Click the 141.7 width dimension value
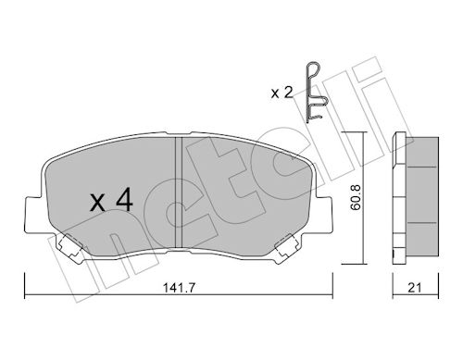[x=179, y=288]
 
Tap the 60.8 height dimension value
[x=356, y=197]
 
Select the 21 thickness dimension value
[x=415, y=288]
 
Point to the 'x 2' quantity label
[x=282, y=93]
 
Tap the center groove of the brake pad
[x=179, y=192]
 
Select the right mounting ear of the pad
[x=323, y=215]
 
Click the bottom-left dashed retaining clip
[x=69, y=246]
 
